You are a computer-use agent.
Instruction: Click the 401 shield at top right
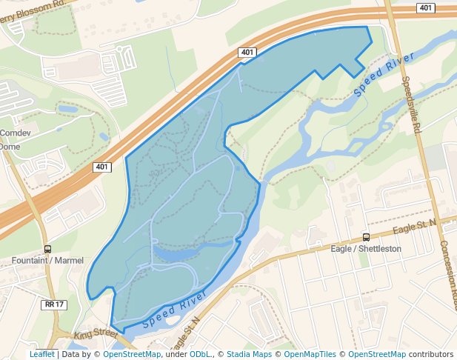pos(425,8)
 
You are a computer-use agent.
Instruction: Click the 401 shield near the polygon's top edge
pos(247,52)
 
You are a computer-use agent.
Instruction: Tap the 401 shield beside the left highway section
pos(102,167)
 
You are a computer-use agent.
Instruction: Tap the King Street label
pos(96,333)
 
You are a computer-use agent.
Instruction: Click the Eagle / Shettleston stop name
pos(366,249)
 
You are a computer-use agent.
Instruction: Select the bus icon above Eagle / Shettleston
pos(366,237)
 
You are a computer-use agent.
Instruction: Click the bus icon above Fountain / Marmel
pos(48,249)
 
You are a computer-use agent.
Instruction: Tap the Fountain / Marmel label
pos(48,261)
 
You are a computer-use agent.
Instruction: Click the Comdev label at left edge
pos(13,133)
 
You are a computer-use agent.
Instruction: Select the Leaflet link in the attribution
pos(41,354)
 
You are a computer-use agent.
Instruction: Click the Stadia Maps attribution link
pos(249,354)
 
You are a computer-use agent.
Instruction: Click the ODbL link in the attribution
pos(200,354)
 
